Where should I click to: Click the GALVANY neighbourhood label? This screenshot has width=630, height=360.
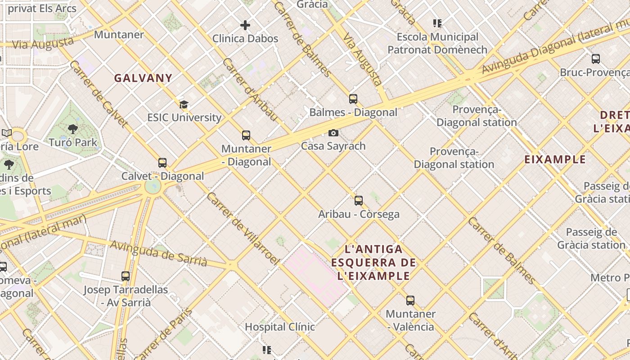point(143,78)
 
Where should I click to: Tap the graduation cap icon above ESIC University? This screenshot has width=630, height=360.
point(184,105)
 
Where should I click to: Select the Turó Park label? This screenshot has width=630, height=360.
point(72,143)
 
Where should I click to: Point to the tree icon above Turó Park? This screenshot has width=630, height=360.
point(72,130)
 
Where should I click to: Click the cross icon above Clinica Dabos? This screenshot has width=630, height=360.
point(245,25)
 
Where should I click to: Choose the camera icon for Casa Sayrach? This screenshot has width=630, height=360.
point(333,133)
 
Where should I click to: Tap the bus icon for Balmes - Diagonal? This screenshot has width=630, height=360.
point(353,99)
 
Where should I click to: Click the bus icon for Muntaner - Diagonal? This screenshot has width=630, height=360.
point(246,135)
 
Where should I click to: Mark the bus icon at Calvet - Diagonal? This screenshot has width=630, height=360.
point(162,162)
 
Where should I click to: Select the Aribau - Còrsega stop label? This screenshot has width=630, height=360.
point(359,214)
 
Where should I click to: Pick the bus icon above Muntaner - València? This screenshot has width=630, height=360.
point(410,300)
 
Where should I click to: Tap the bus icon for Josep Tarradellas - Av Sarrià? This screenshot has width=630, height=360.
point(126,276)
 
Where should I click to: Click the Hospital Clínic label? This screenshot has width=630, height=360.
point(280,327)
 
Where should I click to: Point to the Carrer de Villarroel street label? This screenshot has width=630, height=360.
point(243,229)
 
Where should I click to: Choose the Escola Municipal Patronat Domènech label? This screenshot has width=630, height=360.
point(437,43)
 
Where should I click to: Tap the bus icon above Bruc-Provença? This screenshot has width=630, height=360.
point(596,58)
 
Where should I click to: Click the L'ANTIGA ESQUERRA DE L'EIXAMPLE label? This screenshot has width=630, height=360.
point(373,262)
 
